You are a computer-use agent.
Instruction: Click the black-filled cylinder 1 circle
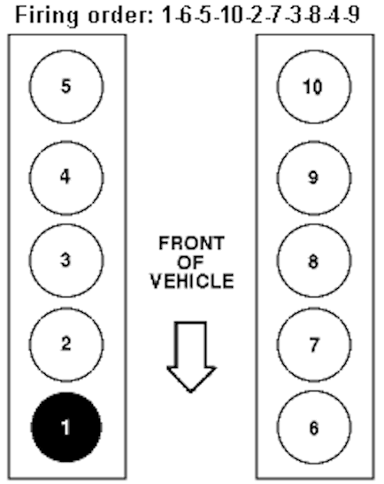tap(66, 427)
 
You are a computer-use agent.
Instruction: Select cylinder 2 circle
tap(66, 344)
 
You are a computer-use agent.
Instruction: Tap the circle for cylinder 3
tap(66, 261)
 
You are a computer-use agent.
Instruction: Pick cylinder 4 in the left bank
tap(66, 177)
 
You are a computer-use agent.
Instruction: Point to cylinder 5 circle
tap(66, 87)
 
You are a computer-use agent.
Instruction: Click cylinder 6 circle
tap(314, 427)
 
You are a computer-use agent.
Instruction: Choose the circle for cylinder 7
tap(314, 344)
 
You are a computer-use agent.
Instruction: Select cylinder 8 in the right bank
tap(314, 261)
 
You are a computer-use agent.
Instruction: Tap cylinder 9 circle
tap(314, 177)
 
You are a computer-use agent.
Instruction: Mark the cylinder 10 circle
tap(314, 87)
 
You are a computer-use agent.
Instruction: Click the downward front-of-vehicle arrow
tap(191, 356)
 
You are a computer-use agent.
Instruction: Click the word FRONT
tap(191, 243)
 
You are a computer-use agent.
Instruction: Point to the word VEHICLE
tap(192, 281)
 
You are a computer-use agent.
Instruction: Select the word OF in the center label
tap(190, 262)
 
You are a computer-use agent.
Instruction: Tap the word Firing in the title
tap(47, 16)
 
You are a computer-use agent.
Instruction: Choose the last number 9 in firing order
tap(354, 15)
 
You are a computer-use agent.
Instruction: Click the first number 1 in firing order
tap(167, 15)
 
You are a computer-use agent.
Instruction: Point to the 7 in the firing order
tap(275, 15)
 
